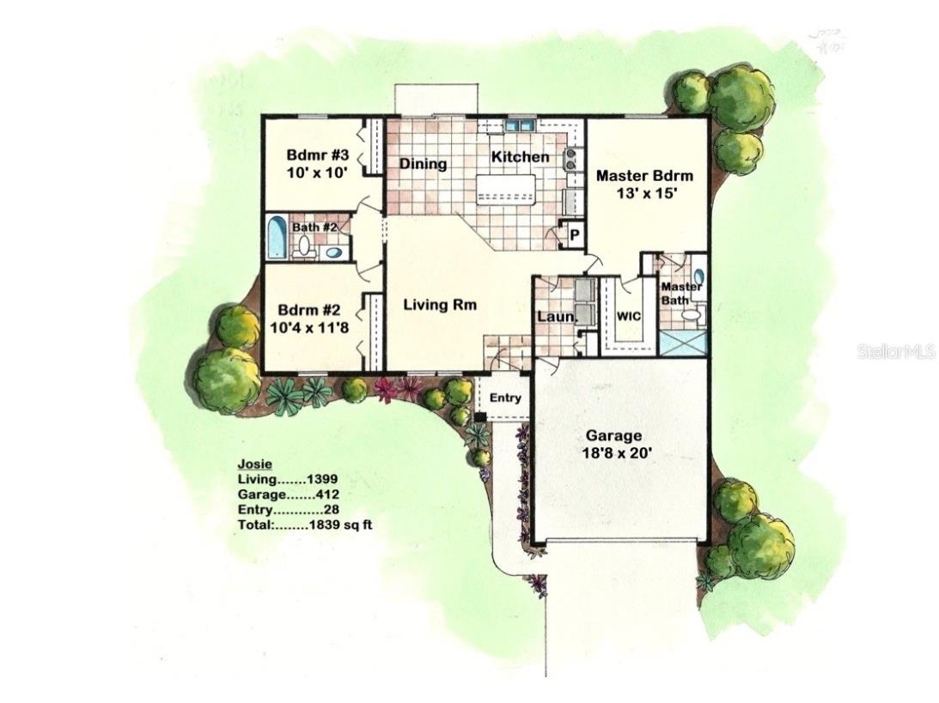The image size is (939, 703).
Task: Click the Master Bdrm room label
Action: click(x=644, y=176)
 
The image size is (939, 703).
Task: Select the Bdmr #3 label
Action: click(x=317, y=155)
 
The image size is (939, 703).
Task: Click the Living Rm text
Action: click(x=440, y=304)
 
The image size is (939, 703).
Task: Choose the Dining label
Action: click(x=423, y=164)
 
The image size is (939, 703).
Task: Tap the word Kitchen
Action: click(x=520, y=157)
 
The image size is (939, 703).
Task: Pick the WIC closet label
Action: click(x=629, y=315)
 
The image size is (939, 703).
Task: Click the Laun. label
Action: click(x=555, y=318)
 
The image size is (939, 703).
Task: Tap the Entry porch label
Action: click(x=505, y=397)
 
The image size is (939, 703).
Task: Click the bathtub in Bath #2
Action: click(x=277, y=238)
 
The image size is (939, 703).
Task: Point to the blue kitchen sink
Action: click(x=519, y=125)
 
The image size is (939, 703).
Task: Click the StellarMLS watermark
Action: click(x=895, y=351)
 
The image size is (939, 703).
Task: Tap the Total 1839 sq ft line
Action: click(x=305, y=523)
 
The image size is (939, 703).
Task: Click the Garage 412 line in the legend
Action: click(x=288, y=494)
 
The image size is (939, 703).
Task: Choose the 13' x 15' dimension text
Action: click(x=644, y=193)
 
